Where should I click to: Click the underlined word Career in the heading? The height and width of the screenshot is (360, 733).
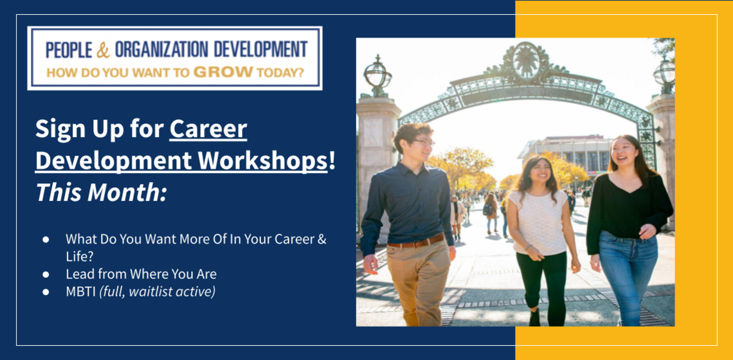pyautogui.click(x=208, y=130)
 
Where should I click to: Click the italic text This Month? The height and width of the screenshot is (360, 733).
pyautogui.click(x=101, y=192)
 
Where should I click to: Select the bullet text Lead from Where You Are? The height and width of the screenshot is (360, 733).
pyautogui.click(x=141, y=274)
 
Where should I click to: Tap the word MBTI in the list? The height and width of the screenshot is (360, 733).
pyautogui.click(x=80, y=291)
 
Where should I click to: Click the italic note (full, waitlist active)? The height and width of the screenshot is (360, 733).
pyautogui.click(x=158, y=291)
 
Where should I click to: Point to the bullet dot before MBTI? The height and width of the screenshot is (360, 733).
pyautogui.click(x=46, y=291)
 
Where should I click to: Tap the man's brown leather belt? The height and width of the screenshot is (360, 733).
pyautogui.click(x=415, y=243)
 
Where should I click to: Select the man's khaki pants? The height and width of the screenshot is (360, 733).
pyautogui.click(x=418, y=283)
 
